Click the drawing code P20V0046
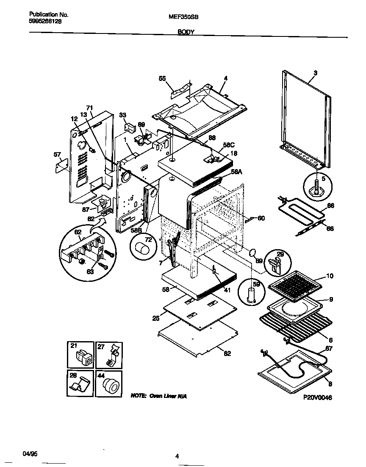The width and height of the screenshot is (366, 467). click(318, 398)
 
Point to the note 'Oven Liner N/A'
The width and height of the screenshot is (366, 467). click(159, 396)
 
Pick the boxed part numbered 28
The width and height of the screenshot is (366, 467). click(80, 384)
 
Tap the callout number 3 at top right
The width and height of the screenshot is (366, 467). click(315, 72)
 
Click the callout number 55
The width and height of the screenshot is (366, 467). click(162, 78)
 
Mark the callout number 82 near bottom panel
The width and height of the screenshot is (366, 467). click(228, 354)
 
